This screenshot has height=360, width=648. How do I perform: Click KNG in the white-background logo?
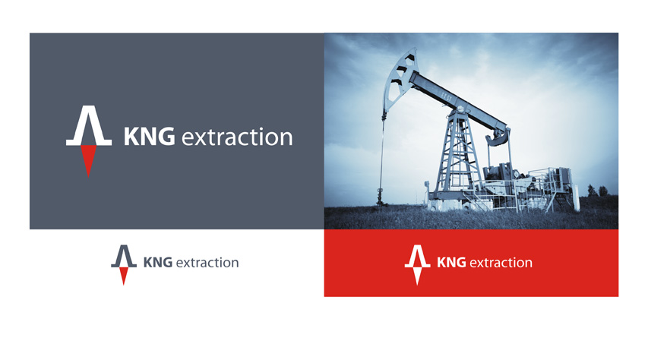click(157, 263)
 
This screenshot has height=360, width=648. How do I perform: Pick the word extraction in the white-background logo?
click(207, 263)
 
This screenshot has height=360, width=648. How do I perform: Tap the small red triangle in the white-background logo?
click(124, 276)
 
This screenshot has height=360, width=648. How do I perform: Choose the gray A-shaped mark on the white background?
click(124, 257)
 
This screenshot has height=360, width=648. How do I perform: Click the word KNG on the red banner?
click(451, 263)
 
